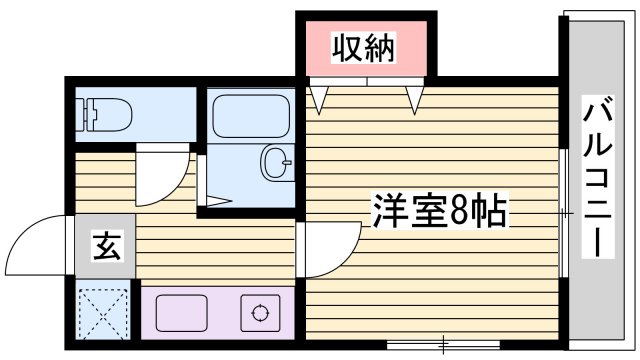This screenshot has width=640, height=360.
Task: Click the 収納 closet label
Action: coord(365,46)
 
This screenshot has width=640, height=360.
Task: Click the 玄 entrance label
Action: coord(106,245)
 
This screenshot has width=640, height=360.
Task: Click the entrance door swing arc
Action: coord(40,240)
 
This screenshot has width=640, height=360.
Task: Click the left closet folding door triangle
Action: coord(319,98)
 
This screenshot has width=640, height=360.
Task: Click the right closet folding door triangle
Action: coord(415,98)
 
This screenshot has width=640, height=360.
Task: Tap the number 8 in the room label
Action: coord(459,211)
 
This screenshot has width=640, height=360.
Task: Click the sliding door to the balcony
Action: coord(564,212)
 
